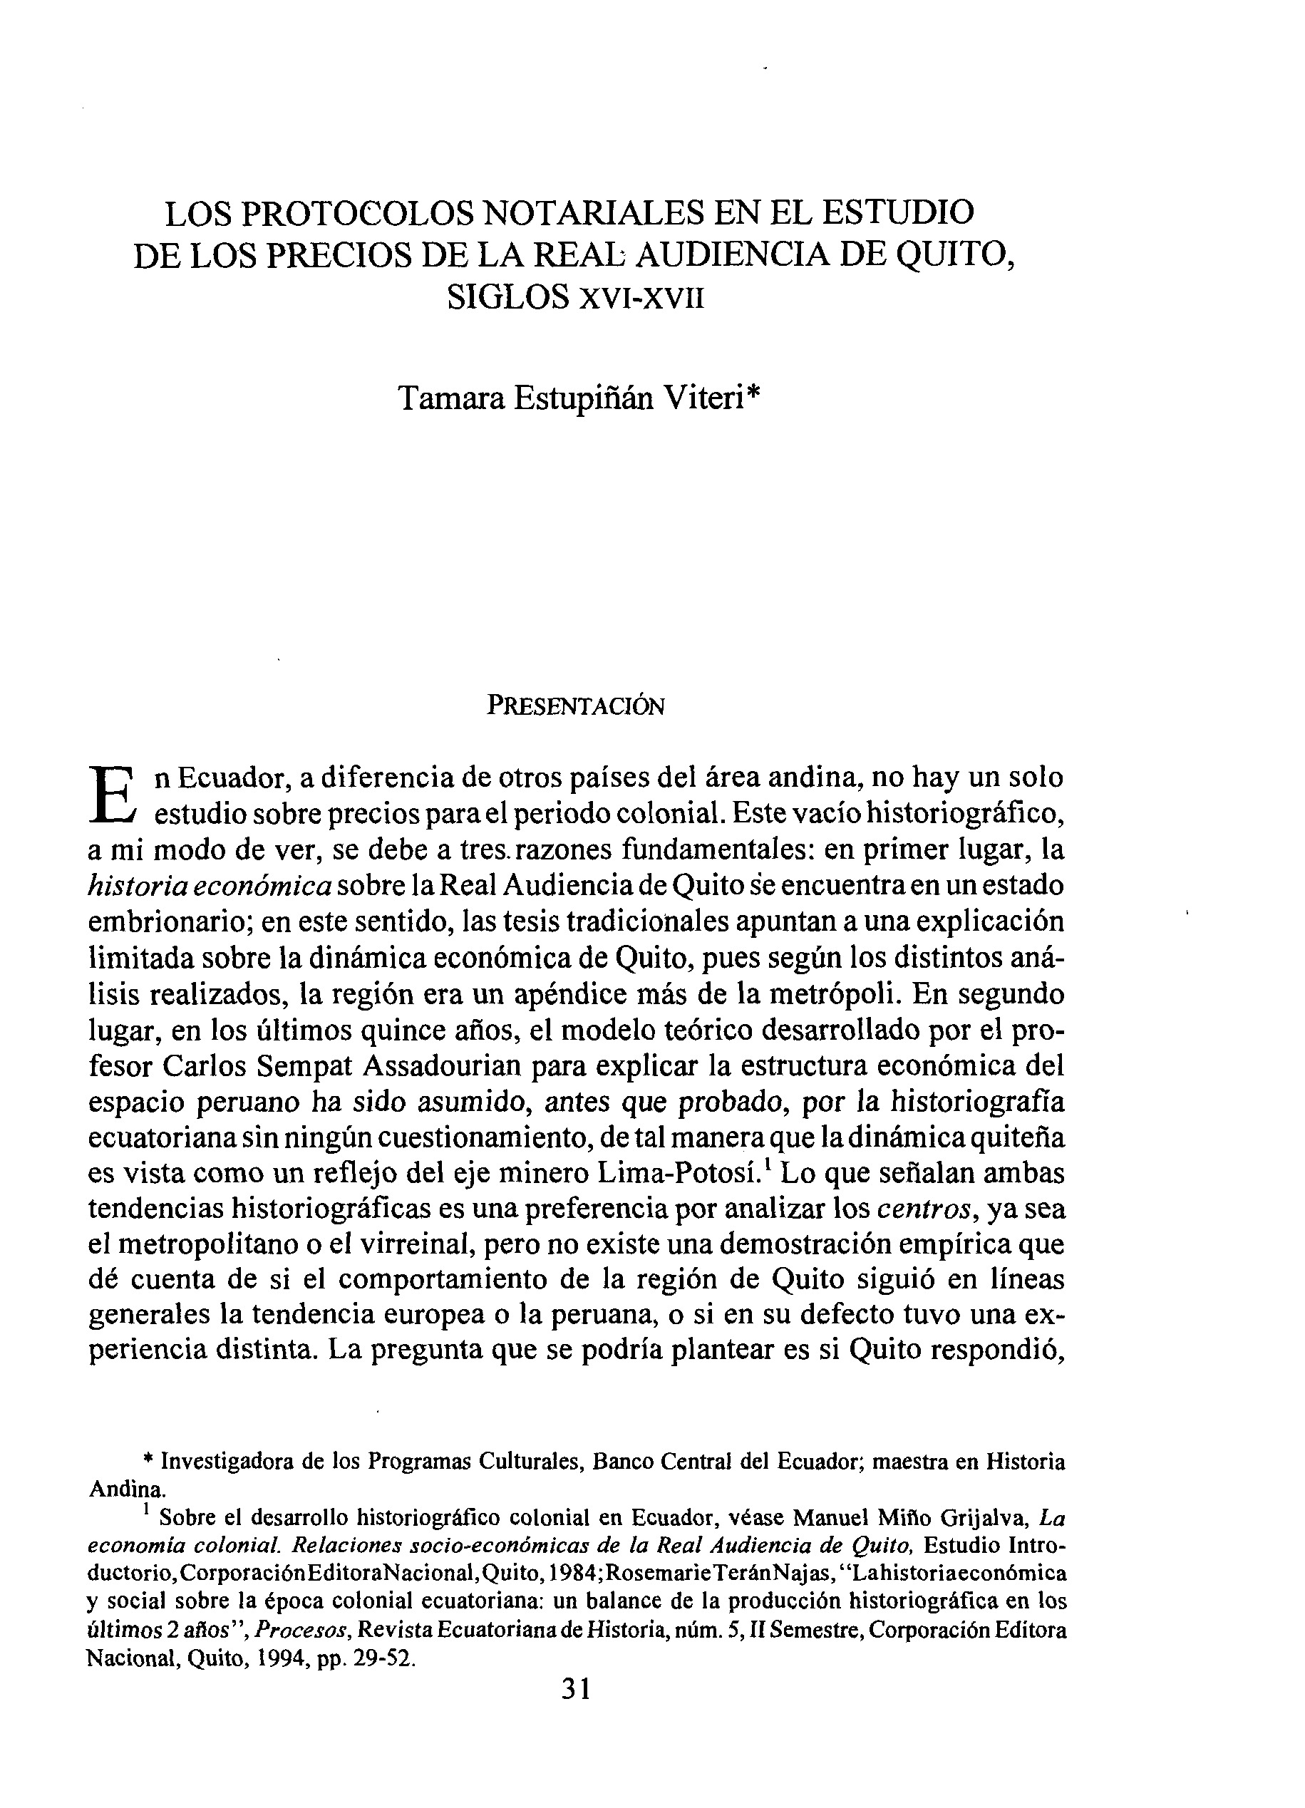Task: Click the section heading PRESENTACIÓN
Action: (576, 706)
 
